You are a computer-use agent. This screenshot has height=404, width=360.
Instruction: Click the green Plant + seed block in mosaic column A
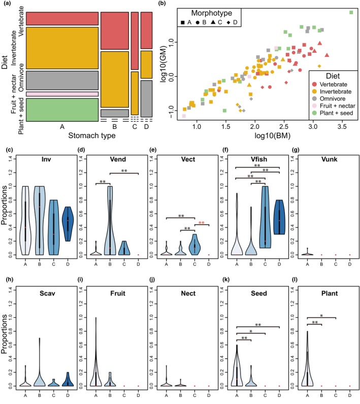[62, 110]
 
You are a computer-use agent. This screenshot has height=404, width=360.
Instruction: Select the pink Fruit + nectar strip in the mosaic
[62, 94]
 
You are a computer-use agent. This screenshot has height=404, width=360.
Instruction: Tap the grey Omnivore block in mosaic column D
[147, 98]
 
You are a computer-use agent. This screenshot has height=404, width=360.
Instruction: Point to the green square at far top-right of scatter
[351, 13]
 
